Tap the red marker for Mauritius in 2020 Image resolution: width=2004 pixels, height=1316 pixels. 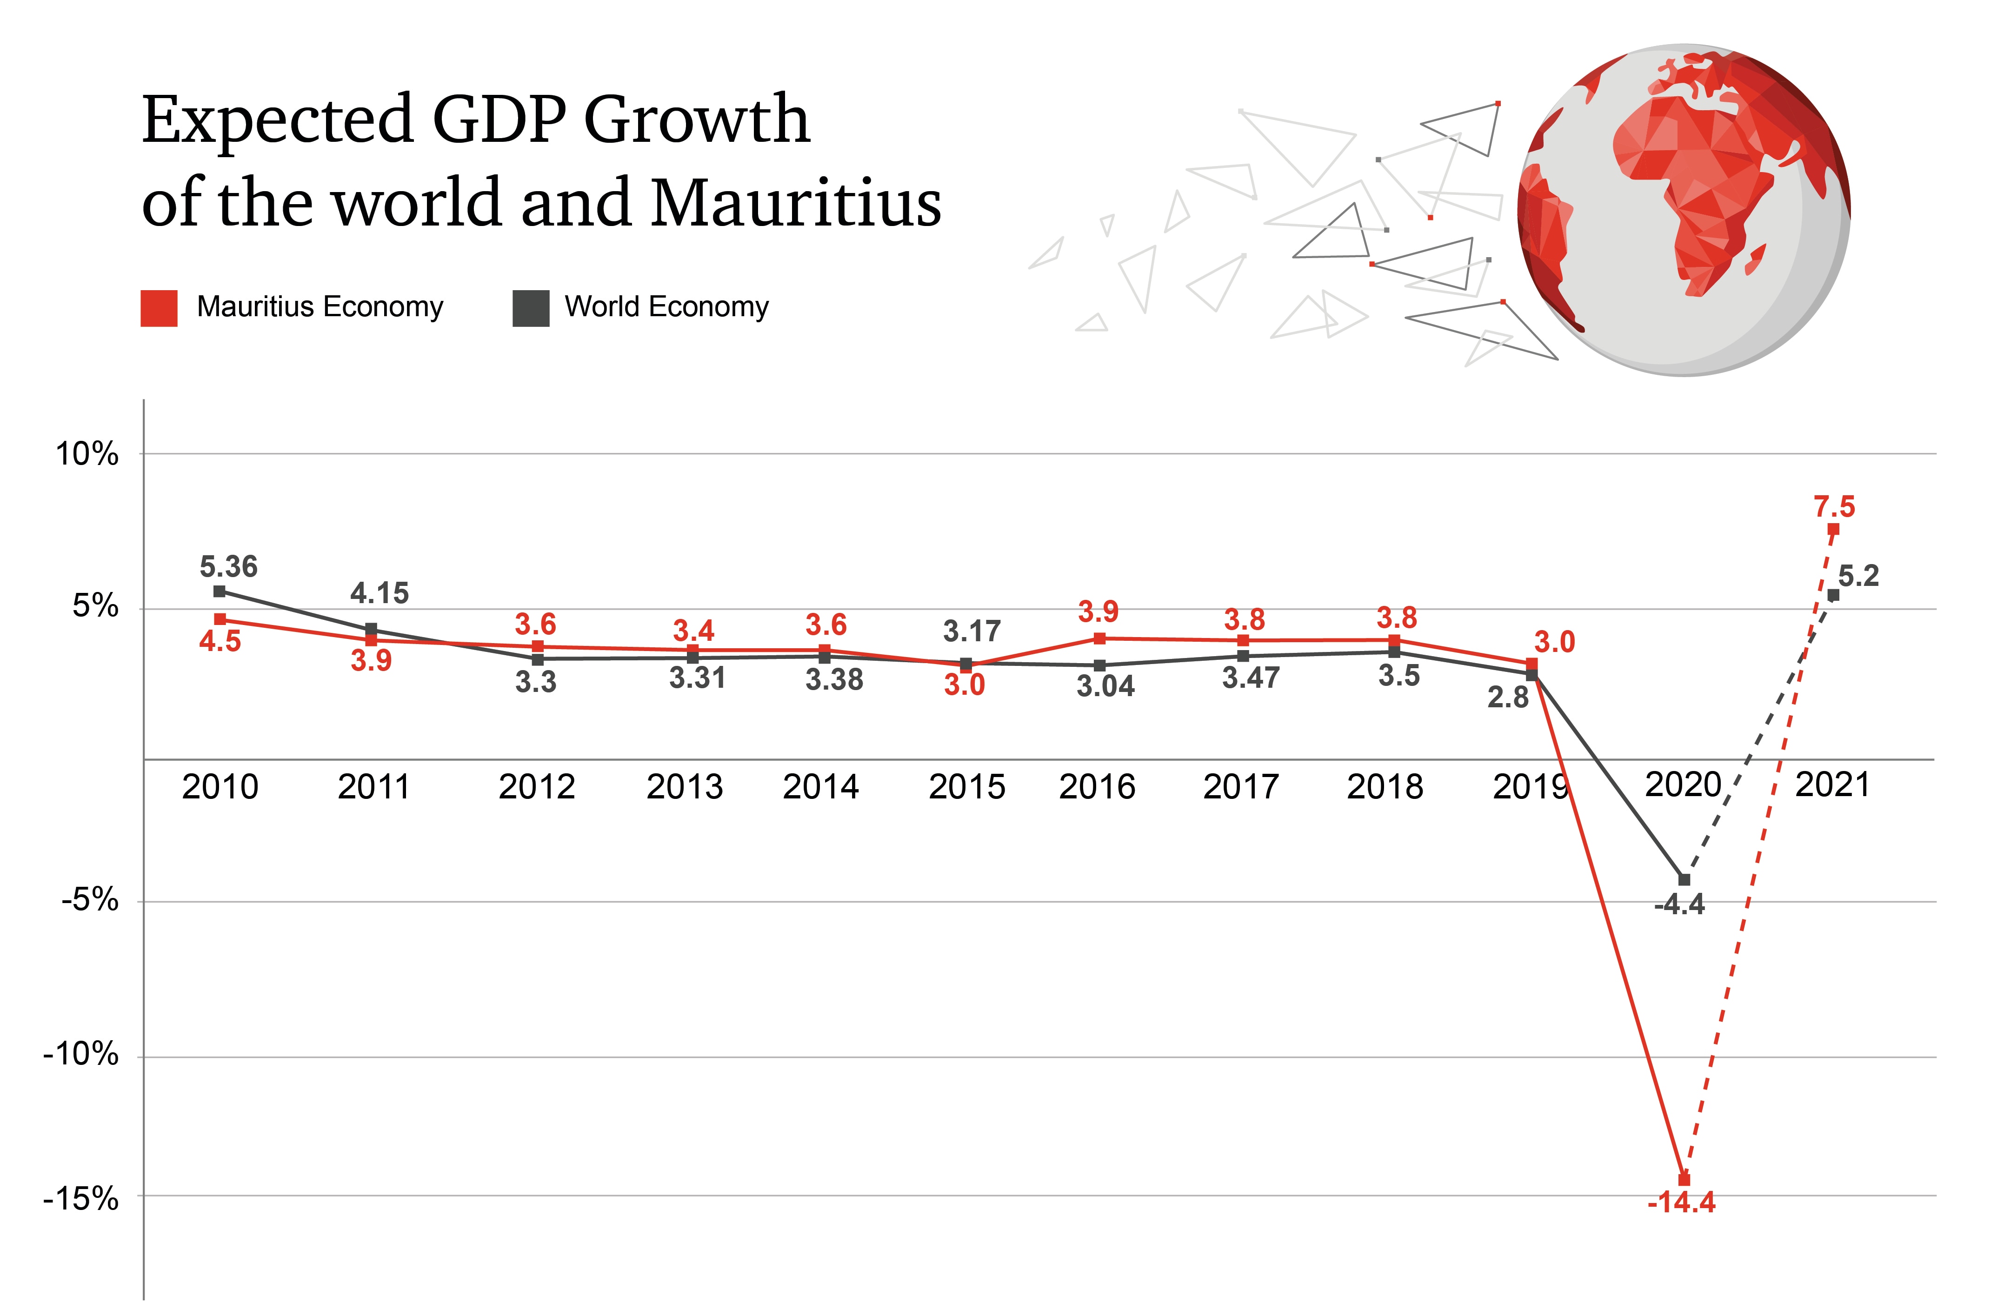[x=1684, y=1180]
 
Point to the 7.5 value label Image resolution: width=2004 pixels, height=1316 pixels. [x=1834, y=507]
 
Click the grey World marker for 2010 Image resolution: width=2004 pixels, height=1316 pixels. [x=220, y=591]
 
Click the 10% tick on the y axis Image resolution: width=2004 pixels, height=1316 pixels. [x=87, y=455]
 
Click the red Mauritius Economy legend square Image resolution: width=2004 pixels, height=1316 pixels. [x=159, y=307]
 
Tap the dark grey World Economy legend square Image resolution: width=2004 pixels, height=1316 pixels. [x=531, y=307]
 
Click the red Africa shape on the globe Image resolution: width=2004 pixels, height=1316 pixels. [x=1701, y=185]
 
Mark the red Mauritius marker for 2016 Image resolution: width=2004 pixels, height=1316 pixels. [x=1099, y=638]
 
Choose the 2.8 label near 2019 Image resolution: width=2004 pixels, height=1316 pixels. [x=1507, y=697]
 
